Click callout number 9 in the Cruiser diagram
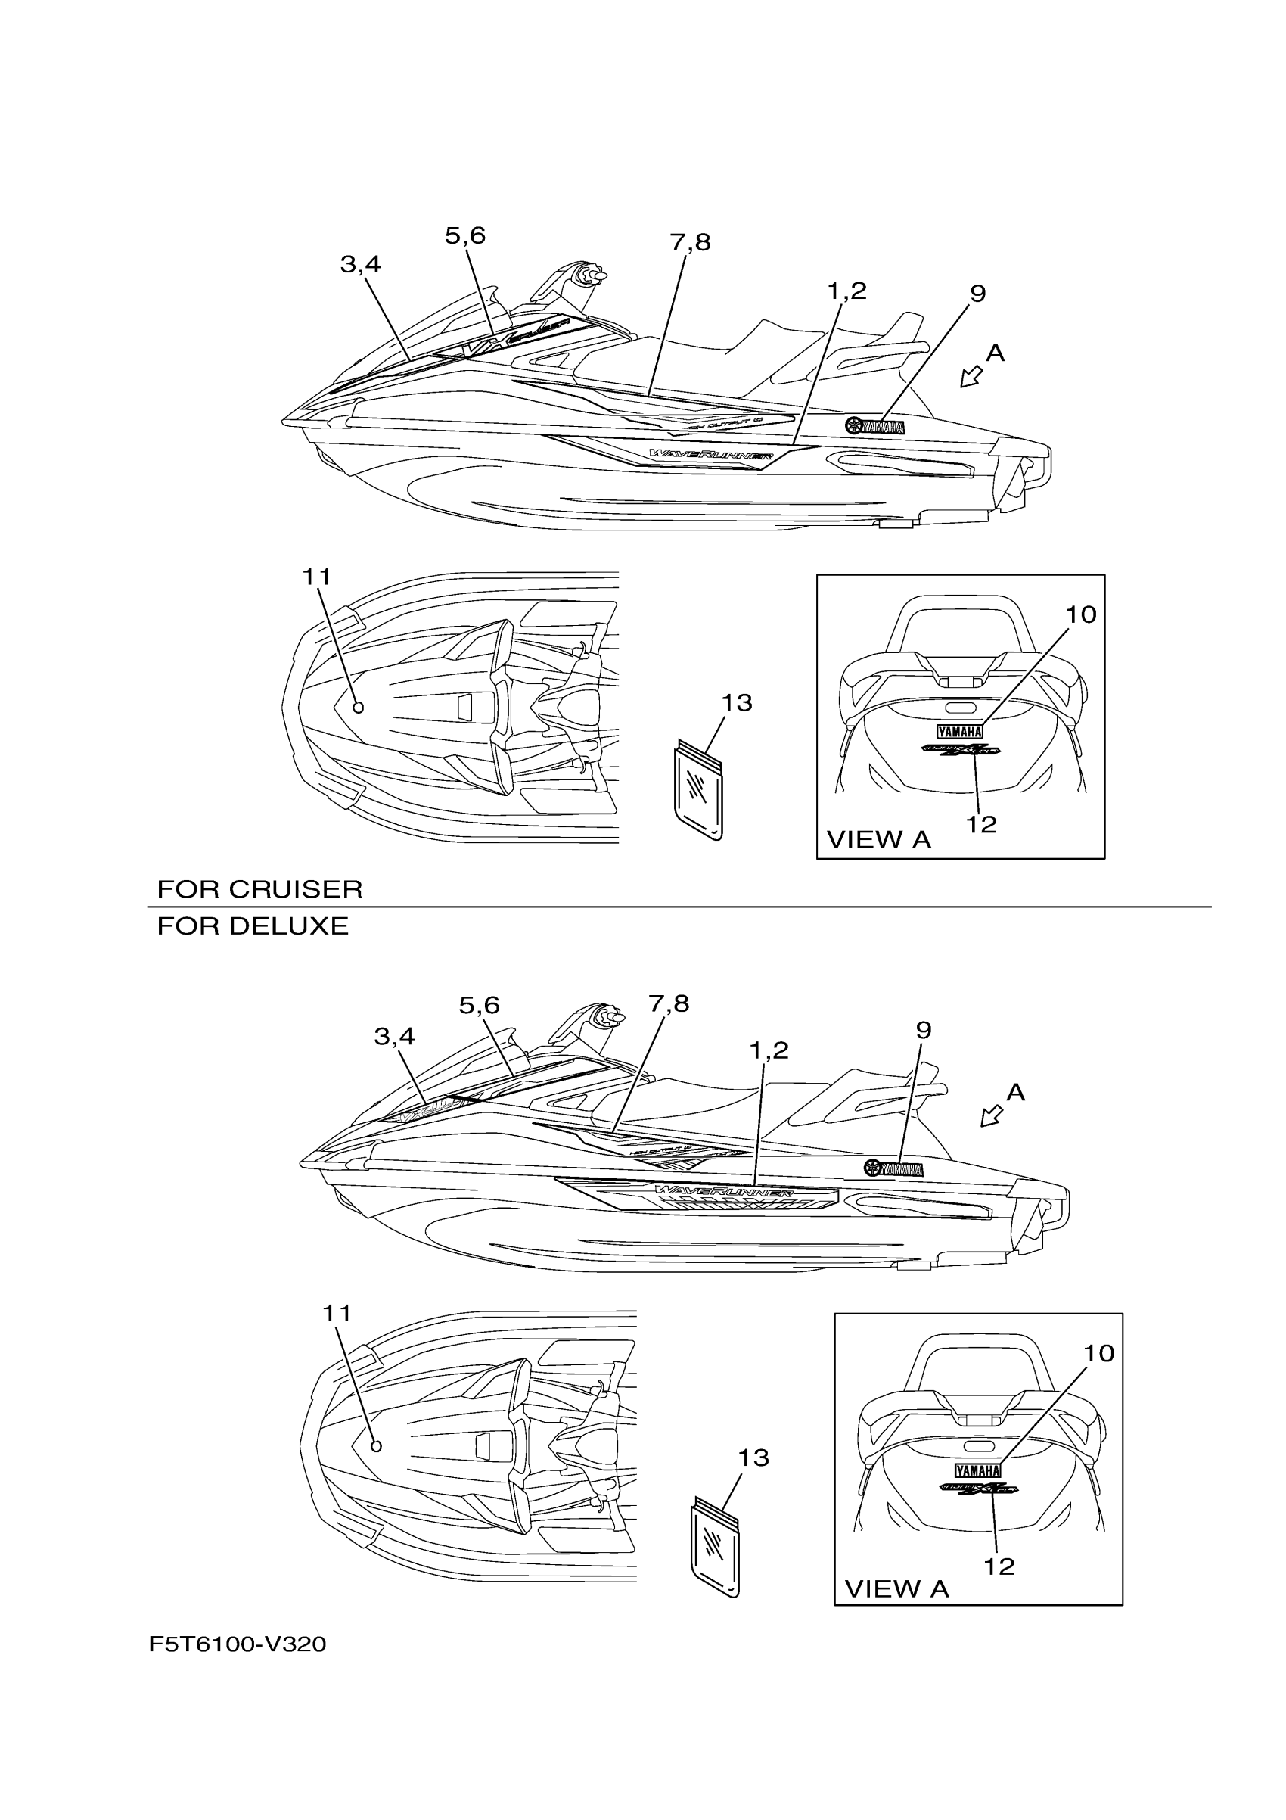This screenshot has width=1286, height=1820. coord(978,294)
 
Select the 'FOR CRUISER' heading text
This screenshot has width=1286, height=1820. coord(260,889)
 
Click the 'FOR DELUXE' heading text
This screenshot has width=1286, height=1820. coord(253,926)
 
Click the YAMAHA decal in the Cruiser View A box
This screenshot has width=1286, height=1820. coord(959,731)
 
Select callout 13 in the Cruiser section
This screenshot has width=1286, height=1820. coord(737,703)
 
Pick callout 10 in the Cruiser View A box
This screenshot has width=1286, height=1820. coord(1081,614)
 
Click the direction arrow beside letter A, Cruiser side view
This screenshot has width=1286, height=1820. coord(971,378)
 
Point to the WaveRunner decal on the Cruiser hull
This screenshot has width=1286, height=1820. coord(711,455)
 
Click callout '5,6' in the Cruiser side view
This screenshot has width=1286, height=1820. coord(465,236)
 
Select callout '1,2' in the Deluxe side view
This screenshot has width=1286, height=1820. coord(769,1050)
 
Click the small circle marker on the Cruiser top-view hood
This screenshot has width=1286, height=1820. coord(357,707)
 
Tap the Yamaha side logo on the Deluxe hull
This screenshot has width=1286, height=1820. coord(894,1168)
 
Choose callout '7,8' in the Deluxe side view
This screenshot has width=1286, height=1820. coord(669,1004)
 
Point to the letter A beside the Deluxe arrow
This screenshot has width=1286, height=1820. coord(1015,1093)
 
